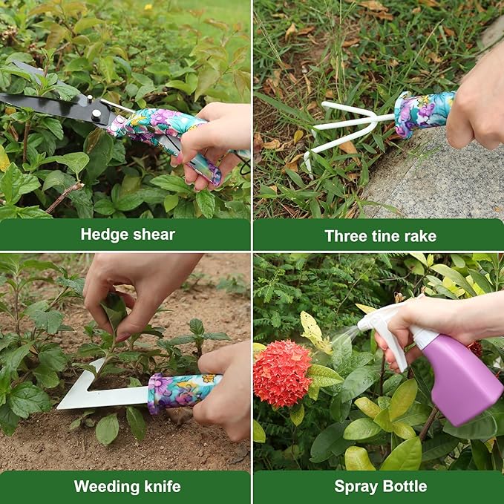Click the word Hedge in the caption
pyautogui.click(x=103, y=235)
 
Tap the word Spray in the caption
pyautogui.click(x=356, y=487)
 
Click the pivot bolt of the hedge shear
pyautogui.click(x=96, y=113)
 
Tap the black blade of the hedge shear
pyautogui.click(x=45, y=105)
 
